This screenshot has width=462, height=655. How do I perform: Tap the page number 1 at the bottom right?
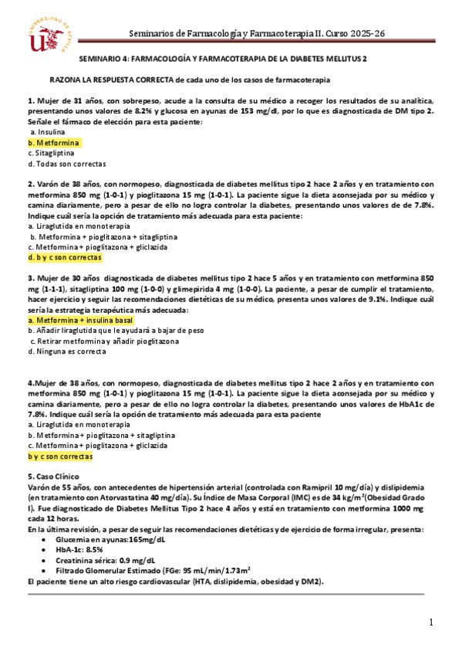[x=433, y=622]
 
